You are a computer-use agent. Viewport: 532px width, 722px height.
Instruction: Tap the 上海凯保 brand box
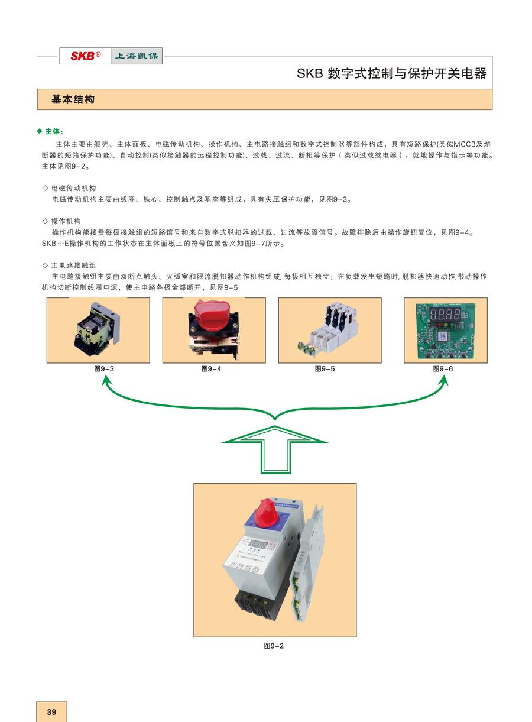click(137, 56)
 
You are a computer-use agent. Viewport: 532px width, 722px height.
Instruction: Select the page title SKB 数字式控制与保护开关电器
click(391, 74)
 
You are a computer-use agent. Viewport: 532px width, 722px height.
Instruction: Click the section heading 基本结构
click(73, 100)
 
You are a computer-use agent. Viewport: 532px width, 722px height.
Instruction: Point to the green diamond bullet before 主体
click(40, 131)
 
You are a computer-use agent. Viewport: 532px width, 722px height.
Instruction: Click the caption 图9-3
click(104, 369)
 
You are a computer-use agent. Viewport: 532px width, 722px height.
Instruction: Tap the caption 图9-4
click(211, 369)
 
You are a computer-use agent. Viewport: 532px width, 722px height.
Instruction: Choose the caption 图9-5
click(325, 369)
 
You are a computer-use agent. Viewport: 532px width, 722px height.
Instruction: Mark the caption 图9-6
click(443, 369)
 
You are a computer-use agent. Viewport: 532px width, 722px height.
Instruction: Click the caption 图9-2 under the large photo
click(274, 646)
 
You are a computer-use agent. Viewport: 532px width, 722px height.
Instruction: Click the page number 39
click(51, 712)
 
